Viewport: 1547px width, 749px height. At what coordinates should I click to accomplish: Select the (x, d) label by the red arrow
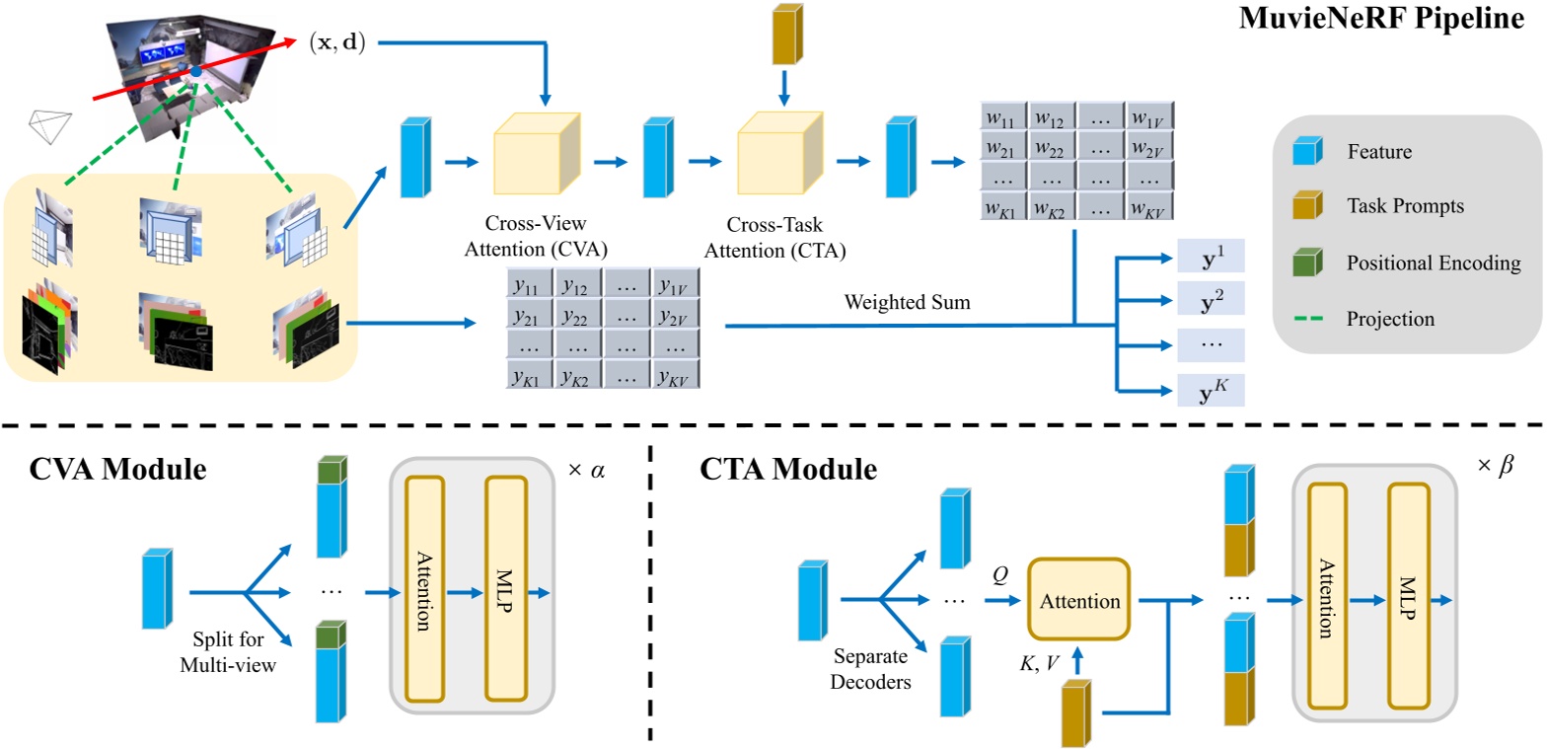click(335, 42)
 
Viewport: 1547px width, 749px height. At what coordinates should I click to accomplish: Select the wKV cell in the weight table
click(1148, 208)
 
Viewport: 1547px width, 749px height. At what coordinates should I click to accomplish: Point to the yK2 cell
click(577, 374)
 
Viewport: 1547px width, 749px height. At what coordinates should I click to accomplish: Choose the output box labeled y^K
click(1211, 390)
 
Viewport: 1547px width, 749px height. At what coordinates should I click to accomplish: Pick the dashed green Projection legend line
click(1306, 318)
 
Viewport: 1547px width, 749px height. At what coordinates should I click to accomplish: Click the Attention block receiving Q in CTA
click(1080, 601)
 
